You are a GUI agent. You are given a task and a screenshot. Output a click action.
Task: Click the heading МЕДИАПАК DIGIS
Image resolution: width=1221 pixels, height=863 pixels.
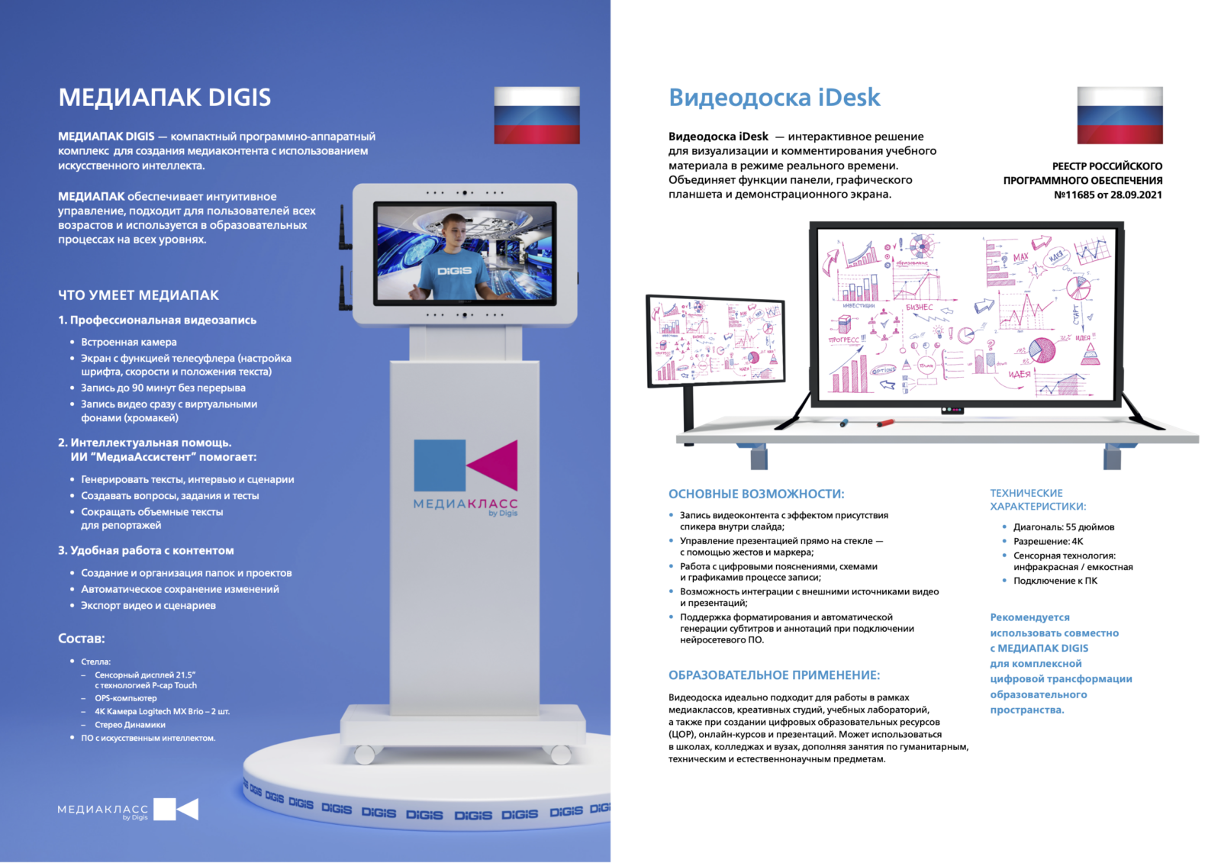pyautogui.click(x=165, y=98)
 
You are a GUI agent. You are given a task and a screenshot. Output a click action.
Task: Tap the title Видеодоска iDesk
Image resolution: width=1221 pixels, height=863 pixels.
pyautogui.click(x=774, y=98)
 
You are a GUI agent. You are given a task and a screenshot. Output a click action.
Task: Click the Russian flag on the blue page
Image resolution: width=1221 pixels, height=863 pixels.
pyautogui.click(x=537, y=115)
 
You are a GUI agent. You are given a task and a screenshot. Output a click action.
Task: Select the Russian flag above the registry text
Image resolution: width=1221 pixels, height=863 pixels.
pyautogui.click(x=1120, y=115)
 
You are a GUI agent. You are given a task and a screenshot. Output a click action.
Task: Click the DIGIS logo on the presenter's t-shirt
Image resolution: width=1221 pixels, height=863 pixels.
pyautogui.click(x=454, y=270)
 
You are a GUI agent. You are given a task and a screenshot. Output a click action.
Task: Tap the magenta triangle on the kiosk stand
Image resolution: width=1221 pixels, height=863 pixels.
pyautogui.click(x=493, y=465)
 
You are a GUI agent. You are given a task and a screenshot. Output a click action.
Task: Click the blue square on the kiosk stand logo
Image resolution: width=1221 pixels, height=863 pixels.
pyautogui.click(x=440, y=465)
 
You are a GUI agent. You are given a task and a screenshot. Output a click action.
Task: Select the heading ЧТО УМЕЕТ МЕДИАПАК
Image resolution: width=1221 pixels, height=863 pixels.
pyautogui.click(x=138, y=295)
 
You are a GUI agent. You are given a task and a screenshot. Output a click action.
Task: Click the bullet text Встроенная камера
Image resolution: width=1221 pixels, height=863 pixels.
pyautogui.click(x=129, y=342)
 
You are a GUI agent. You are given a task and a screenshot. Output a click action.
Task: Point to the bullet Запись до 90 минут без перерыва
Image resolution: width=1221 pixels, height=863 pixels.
pyautogui.click(x=163, y=388)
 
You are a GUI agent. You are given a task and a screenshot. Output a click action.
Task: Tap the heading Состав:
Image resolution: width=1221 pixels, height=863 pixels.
pyautogui.click(x=82, y=639)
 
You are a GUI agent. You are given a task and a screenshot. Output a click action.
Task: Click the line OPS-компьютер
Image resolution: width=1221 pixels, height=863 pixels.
pyautogui.click(x=125, y=698)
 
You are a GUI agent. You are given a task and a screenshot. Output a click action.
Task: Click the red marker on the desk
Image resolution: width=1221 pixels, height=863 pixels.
pyautogui.click(x=885, y=423)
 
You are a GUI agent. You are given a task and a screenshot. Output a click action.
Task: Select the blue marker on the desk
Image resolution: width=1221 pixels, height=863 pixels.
pyautogui.click(x=844, y=423)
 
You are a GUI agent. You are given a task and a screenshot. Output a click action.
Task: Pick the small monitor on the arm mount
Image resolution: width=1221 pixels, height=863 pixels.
pyautogui.click(x=716, y=341)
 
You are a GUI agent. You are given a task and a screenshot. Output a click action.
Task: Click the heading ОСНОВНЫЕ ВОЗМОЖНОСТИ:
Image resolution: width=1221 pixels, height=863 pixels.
pyautogui.click(x=756, y=494)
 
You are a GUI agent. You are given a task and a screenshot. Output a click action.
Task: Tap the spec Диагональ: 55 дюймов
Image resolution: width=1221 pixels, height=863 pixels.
pyautogui.click(x=1064, y=527)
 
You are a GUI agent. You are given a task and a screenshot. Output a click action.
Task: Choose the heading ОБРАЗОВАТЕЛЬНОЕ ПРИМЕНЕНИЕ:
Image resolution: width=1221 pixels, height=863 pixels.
pyautogui.click(x=774, y=675)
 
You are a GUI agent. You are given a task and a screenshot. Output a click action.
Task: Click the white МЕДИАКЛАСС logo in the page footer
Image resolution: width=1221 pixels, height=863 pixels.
pyautogui.click(x=128, y=810)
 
